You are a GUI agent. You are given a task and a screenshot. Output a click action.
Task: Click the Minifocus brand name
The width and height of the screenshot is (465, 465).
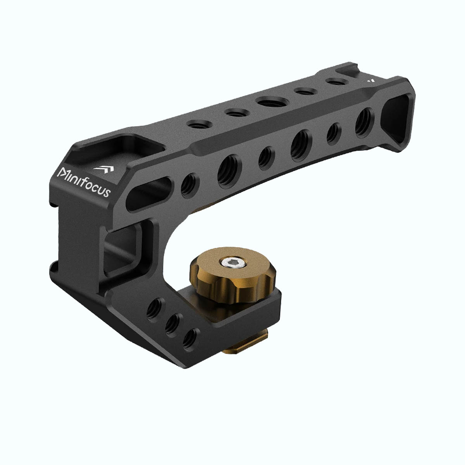[x=84, y=182]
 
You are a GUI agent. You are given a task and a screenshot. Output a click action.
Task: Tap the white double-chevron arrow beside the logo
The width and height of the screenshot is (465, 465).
[x=104, y=169]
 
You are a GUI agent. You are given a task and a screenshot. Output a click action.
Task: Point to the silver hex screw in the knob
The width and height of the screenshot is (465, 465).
[x=232, y=262]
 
